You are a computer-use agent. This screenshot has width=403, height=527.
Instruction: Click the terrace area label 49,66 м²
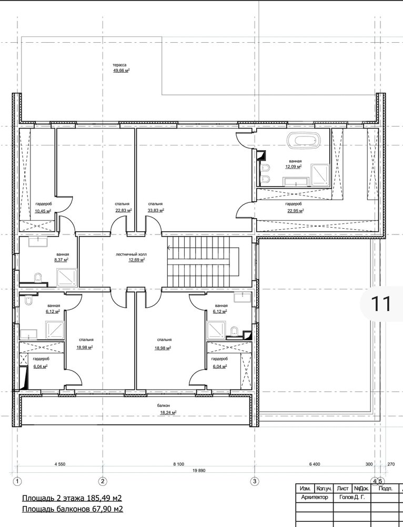(122, 71)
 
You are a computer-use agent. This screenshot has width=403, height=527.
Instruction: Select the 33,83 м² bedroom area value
(156, 210)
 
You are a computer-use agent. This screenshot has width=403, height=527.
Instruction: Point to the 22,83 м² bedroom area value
(124, 210)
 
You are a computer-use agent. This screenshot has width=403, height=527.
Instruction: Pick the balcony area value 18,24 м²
(168, 413)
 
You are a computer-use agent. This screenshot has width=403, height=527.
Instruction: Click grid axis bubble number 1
(17, 481)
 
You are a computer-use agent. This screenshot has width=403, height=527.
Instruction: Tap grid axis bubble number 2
(103, 481)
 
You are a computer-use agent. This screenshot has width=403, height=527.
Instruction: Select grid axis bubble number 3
(255, 481)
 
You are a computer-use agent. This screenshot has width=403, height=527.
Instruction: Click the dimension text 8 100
(178, 464)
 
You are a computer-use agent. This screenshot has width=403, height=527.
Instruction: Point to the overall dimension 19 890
(199, 471)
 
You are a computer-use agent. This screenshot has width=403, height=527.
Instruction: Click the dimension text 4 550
(60, 464)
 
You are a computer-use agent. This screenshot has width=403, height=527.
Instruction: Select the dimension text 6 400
(315, 464)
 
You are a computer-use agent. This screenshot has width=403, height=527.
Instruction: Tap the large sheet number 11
(381, 304)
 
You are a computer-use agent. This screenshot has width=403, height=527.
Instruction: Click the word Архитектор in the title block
(315, 497)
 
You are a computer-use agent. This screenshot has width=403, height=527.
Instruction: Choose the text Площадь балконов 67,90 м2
(73, 509)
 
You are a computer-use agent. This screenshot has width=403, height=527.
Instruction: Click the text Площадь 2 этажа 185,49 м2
(72, 498)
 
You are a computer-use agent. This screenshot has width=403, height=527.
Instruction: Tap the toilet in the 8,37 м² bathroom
(38, 277)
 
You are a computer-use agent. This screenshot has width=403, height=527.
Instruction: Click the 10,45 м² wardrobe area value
(43, 211)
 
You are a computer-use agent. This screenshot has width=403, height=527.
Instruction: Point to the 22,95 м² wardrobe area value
(296, 210)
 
